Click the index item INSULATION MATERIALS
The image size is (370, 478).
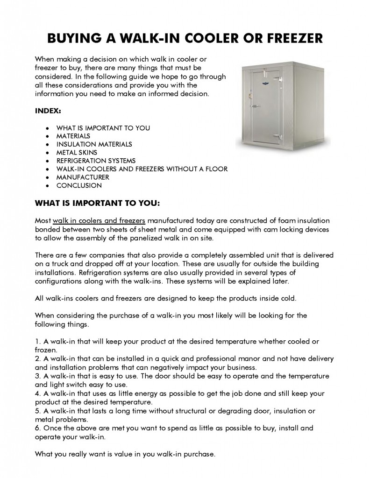pos(94,144)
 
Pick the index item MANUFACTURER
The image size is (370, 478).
pos(83,177)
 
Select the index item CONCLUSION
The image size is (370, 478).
pos(79,186)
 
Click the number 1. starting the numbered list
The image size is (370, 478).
pos(38,342)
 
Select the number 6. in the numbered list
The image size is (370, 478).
pos(38,427)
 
